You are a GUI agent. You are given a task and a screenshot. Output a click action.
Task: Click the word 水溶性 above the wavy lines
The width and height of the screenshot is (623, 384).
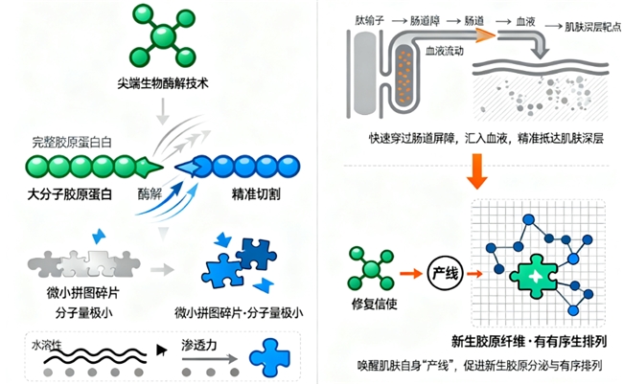tap(45, 342)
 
